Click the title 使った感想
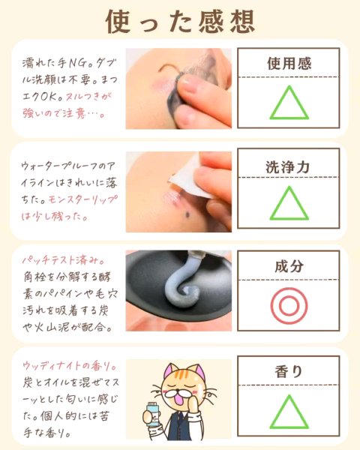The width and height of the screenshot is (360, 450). (x=180, y=22)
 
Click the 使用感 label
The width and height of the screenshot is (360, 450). (x=289, y=64)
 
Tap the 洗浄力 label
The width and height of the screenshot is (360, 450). (x=288, y=167)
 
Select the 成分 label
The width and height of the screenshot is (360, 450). (x=289, y=266)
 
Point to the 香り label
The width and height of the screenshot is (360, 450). (x=289, y=372)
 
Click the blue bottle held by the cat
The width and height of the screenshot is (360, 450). (x=152, y=415)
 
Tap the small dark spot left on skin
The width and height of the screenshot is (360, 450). (x=187, y=214)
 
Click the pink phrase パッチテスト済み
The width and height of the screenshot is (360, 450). (x=64, y=260)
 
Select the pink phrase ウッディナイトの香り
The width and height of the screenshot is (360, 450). (x=69, y=366)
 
